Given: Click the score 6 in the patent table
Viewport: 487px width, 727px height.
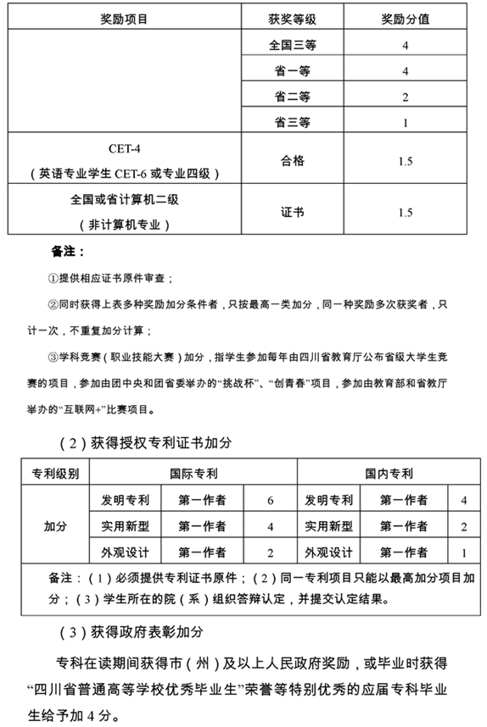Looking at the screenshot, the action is [270, 501].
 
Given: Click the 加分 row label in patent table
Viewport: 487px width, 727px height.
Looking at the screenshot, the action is [55, 527].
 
